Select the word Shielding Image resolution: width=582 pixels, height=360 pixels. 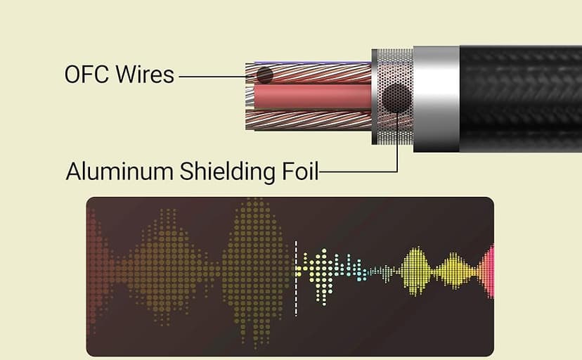(226, 171)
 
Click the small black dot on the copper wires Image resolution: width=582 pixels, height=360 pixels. (264, 74)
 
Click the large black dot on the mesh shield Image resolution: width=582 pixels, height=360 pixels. (396, 98)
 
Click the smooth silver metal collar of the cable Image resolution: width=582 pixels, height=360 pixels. (436, 98)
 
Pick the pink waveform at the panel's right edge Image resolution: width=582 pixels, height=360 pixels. (489, 270)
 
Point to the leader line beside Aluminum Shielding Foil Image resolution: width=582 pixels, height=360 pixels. (358, 171)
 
